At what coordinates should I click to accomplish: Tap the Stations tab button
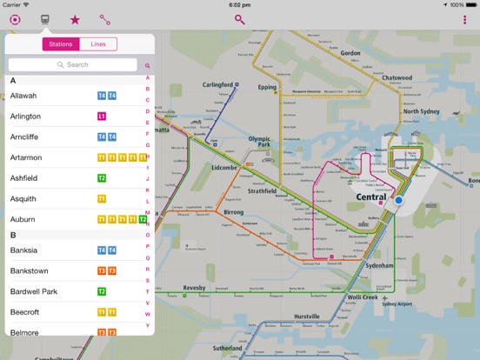pos(61,44)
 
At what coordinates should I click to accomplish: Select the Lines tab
pos(98,44)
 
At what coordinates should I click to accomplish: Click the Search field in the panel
pos(72,64)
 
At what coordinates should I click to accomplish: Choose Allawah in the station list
pos(23,96)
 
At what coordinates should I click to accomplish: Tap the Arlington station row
pos(25,116)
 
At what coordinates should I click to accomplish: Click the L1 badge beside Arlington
pos(102,116)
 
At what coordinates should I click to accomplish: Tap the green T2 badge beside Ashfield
pos(102,178)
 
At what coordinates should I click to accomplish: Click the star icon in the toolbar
pos(75,19)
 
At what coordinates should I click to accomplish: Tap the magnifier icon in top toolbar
pos(240,19)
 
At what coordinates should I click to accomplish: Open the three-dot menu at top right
pos(464,19)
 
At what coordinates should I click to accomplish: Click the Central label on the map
pos(371,197)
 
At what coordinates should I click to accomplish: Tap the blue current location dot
pos(399,200)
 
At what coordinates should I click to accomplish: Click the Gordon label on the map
pos(350,53)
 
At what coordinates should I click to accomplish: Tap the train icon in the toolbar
pos(45,19)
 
